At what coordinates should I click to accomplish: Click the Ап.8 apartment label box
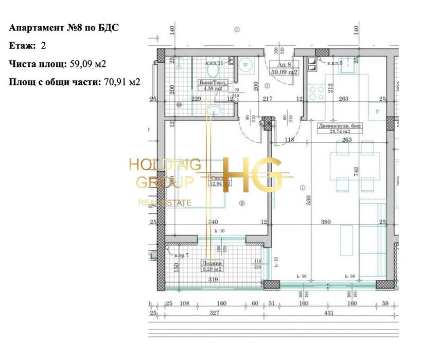click(x=284, y=68)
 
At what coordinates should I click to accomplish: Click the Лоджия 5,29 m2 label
click(x=211, y=265)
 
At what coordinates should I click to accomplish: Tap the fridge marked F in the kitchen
click(x=377, y=111)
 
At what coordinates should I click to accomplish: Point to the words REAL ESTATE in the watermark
click(x=164, y=203)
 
